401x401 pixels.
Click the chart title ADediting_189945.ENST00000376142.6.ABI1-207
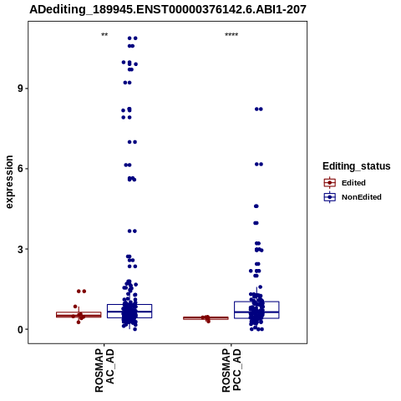[x=168, y=9]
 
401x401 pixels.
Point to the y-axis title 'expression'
[x=9, y=182]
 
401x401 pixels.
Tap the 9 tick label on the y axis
[x=20, y=89]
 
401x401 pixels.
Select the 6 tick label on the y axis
[x=20, y=169]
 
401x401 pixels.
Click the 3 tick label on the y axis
[x=20, y=249]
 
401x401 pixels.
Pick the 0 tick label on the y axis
[x=20, y=329]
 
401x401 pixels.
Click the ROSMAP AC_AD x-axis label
[x=104, y=371]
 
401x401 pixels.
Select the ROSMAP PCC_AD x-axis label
[x=231, y=371]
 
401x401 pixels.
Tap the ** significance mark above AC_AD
[x=104, y=35]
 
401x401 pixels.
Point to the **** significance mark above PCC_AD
[x=231, y=35]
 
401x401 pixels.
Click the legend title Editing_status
[x=357, y=166]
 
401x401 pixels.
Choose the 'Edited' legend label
[x=353, y=183]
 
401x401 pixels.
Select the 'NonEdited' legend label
[x=362, y=197]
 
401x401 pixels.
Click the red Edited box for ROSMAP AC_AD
[x=79, y=312]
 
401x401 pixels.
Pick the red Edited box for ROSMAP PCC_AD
[x=206, y=317]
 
